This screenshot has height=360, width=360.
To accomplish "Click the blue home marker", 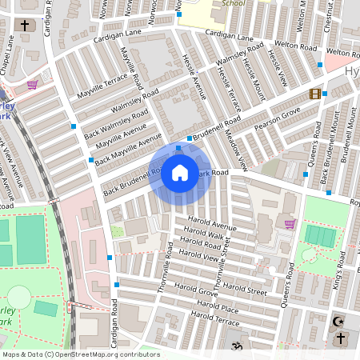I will [x=180, y=173].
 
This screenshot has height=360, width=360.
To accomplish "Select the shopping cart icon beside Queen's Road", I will [x=290, y=223].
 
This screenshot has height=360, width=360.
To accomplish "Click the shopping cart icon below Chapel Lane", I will [x=32, y=84].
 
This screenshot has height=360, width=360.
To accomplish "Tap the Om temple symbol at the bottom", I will [x=235, y=346].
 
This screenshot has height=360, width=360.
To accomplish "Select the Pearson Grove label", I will [x=277, y=115].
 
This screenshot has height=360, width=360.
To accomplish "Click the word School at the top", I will [x=233, y=3].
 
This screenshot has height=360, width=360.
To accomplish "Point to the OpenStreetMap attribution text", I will [x=80, y=354].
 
